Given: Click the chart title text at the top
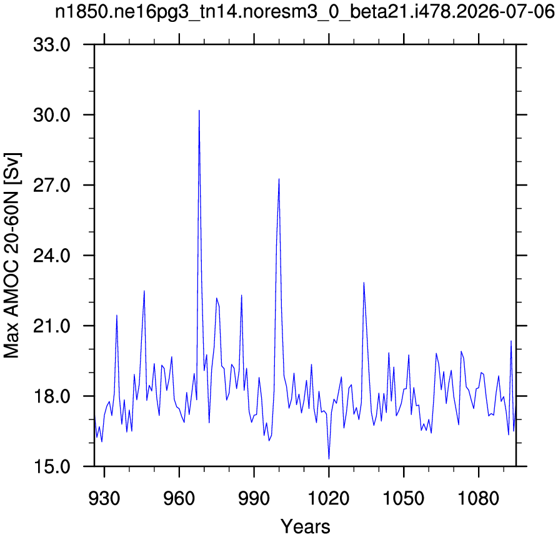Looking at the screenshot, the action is coord(305,14).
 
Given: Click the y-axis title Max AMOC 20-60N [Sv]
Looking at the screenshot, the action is coord(12,255).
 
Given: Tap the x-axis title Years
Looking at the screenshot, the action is coord(306,526).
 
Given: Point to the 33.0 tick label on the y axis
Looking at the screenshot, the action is coord(52,45).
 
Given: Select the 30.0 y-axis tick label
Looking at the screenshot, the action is coord(52,115).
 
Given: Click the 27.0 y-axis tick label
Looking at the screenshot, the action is coord(52,185).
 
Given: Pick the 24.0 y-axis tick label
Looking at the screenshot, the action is coord(52,255).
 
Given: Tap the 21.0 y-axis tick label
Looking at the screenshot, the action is coord(52,326).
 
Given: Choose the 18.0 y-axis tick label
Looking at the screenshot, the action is coord(52,396).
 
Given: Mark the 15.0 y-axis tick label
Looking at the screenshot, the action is coord(52,466).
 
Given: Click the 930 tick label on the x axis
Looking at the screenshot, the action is coord(104,498).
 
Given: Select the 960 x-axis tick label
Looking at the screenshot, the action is coord(179,498).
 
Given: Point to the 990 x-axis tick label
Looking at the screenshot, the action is coord(254,498).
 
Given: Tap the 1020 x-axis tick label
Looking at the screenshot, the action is coord(329,498).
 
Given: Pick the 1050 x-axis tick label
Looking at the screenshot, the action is coord(404,498).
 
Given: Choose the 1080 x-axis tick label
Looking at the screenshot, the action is coord(479,498).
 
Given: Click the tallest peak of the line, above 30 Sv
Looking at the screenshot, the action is coord(199,111).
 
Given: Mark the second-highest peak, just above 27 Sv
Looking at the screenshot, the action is coord(279,179).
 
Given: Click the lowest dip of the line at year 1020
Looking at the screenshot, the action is coord(329,459).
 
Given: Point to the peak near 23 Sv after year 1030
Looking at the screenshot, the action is coord(364,283).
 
